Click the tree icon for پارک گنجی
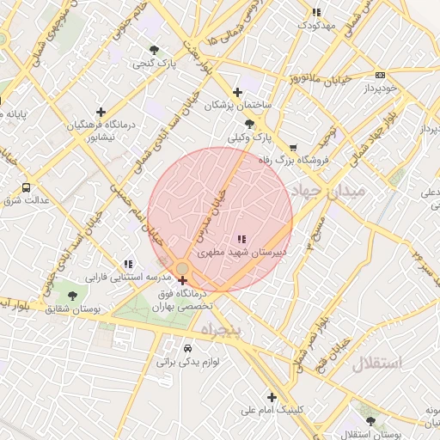point(154,50)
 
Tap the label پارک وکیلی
point(249,137)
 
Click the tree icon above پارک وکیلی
point(249,124)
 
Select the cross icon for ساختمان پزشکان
point(238,92)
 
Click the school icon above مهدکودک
point(316,12)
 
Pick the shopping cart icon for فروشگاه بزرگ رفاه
point(293,147)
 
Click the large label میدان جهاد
point(329,189)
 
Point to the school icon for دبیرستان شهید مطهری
point(241,239)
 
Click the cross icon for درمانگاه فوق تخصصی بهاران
point(181,280)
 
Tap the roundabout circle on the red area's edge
point(182,269)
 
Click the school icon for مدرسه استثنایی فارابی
point(128,264)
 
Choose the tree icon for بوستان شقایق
point(71,296)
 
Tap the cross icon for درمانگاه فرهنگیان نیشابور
point(101,112)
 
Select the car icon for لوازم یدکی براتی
point(188,348)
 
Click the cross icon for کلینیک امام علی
point(272,397)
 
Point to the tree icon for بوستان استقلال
point(371,421)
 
